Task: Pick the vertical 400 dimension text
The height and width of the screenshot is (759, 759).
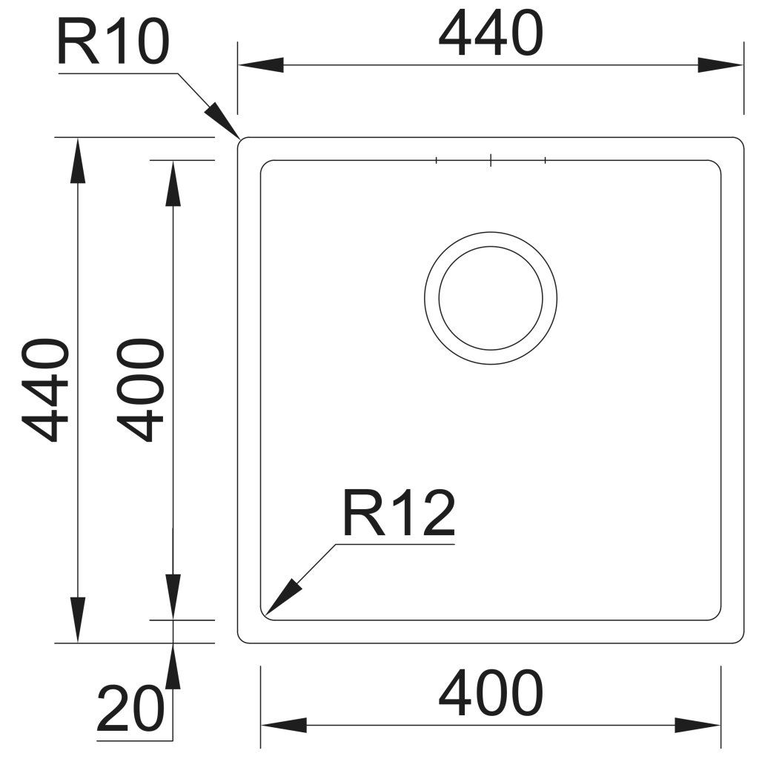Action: tap(139, 390)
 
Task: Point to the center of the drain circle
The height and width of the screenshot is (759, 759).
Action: tap(491, 298)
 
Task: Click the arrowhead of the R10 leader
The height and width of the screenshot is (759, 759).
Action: tap(222, 121)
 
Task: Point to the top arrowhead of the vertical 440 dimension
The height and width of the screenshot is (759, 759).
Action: tap(77, 161)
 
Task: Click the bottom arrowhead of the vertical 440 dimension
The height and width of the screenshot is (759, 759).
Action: tap(77, 620)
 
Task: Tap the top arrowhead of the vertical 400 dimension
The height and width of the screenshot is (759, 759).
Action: tap(173, 183)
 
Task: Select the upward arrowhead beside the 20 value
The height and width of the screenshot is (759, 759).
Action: tap(173, 666)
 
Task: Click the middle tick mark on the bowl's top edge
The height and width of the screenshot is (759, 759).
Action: tap(491, 160)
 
